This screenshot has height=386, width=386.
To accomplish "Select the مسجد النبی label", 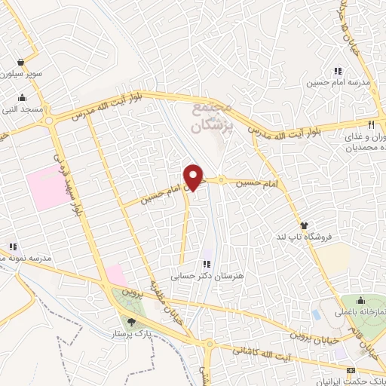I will (23, 109).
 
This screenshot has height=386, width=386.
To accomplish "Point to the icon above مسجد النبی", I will (22, 97).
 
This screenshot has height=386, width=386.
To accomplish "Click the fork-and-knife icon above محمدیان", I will (371, 125).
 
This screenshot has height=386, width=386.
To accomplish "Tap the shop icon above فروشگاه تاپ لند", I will (304, 225).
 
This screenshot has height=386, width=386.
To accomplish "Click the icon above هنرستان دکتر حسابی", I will (206, 265).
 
